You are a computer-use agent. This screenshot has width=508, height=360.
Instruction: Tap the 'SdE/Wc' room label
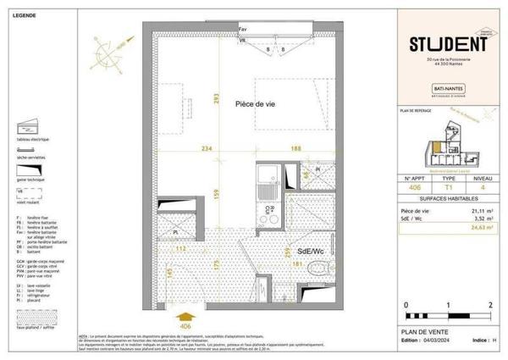click(310, 252)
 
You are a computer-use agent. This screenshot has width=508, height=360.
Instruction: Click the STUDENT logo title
click(438, 43)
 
